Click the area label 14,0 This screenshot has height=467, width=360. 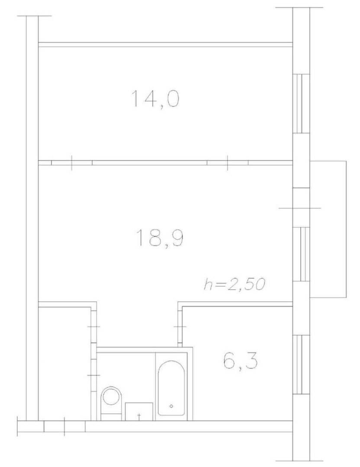(155, 99)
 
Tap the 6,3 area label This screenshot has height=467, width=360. (240, 361)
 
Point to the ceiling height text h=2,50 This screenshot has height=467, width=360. (235, 284)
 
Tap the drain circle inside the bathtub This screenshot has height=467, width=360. (171, 406)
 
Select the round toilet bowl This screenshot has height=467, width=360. (112, 396)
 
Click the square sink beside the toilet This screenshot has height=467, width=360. (139, 411)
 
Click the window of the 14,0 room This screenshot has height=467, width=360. (301, 103)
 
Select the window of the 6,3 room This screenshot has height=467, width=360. (301, 365)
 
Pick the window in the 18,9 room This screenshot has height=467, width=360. (301, 254)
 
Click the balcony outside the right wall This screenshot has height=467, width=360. (328, 229)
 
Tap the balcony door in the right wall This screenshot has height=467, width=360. (301, 208)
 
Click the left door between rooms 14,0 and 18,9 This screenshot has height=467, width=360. (72, 163)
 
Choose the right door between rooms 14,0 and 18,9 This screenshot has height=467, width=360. (228, 163)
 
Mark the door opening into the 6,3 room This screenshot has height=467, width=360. (180, 327)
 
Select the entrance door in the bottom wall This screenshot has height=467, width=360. (64, 426)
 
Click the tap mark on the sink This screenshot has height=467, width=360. (139, 415)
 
